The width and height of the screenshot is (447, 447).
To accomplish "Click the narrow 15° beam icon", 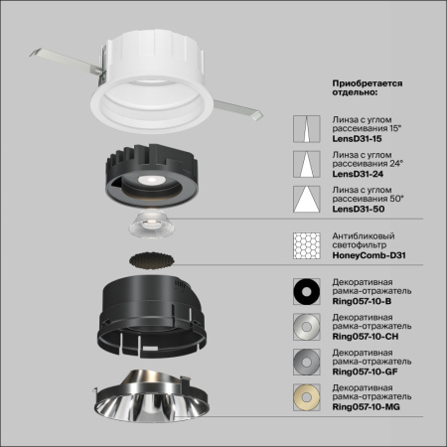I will (x=305, y=128).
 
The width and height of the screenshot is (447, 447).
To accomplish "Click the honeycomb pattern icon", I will (x=305, y=244).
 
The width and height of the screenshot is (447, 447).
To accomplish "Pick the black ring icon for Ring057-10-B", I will (x=305, y=290).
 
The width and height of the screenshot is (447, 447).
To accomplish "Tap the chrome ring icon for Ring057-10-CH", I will (x=305, y=325).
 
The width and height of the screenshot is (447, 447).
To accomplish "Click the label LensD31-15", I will (x=355, y=140).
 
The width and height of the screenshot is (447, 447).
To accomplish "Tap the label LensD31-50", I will (x=356, y=210).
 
